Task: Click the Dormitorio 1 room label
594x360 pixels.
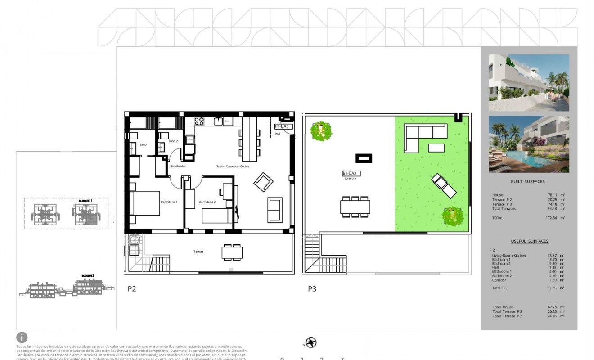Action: [169, 202]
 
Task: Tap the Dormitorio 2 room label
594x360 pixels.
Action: [207, 202]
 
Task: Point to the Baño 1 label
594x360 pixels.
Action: [144, 144]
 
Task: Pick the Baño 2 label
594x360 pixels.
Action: [173, 141]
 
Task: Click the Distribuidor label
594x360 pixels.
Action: [178, 166]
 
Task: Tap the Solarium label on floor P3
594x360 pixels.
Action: [350, 179]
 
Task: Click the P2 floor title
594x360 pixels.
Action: [131, 289]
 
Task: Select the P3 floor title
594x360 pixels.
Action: [312, 289]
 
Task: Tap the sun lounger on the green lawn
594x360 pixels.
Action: [444, 186]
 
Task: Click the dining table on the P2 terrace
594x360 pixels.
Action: [232, 253]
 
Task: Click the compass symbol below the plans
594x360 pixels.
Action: [310, 343]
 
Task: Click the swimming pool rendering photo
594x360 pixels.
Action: [529, 144]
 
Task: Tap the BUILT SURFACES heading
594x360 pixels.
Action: [528, 182]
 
